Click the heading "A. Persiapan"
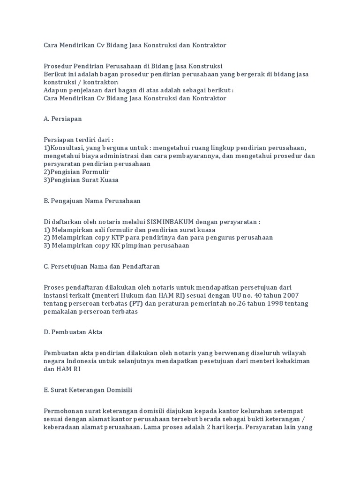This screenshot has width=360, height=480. click(x=62, y=119)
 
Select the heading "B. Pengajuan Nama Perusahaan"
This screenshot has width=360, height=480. click(x=92, y=201)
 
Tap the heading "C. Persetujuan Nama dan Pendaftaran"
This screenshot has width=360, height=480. click(x=102, y=266)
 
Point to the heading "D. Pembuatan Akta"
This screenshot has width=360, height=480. click(x=73, y=332)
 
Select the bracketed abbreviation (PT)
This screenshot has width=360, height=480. click(x=138, y=304)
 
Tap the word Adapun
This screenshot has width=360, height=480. click(x=55, y=90)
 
